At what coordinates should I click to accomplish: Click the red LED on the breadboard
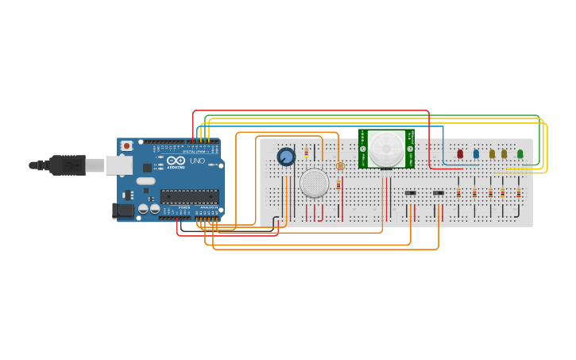point(459,153)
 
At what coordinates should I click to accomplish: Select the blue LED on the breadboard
point(476,153)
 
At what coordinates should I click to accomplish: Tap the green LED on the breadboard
point(520,153)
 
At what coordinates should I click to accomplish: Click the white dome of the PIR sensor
point(386,146)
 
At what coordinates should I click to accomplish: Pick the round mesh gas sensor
point(314,183)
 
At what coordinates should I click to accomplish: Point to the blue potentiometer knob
point(286,157)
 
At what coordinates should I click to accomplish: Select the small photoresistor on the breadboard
point(341,166)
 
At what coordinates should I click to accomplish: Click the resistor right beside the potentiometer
point(307,153)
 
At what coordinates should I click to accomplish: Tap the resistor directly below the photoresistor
point(338,185)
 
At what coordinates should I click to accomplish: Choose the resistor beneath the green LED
point(518,192)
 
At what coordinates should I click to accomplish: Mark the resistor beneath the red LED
point(458,192)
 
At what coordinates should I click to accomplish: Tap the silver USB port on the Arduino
point(119,165)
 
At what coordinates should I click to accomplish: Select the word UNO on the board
point(197,161)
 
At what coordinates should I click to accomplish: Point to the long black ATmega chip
point(189,196)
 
